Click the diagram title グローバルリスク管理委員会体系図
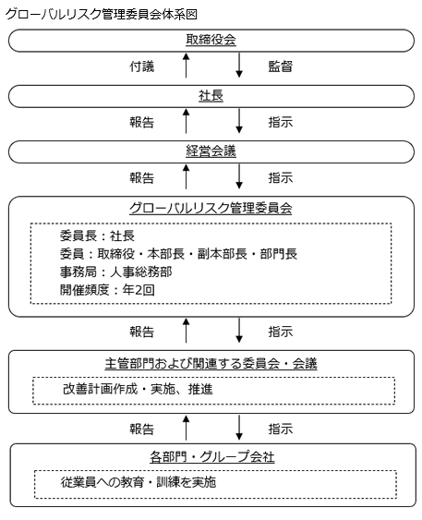[101, 14]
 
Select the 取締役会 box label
[211, 40]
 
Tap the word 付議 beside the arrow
[142, 67]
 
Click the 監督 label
[281, 67]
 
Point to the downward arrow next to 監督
[239, 65]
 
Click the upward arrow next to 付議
[187, 65]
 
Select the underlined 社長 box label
[211, 95]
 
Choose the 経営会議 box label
[211, 151]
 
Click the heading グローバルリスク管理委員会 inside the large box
[211, 208]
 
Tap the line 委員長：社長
[97, 236]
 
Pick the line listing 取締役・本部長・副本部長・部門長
[178, 254]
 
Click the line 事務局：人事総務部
[116, 272]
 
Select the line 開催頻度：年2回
[107, 290]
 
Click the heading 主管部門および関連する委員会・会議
[211, 364]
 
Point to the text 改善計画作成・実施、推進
[138, 389]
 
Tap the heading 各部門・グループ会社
[212, 457]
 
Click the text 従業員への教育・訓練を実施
[139, 482]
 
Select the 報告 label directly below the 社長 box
[142, 122]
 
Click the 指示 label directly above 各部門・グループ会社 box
[281, 429]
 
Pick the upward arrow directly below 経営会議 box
[187, 176]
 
